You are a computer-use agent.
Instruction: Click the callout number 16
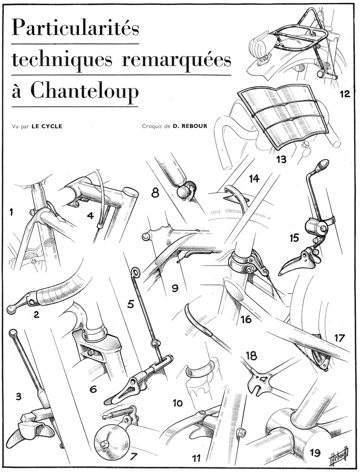pos(246,319)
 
